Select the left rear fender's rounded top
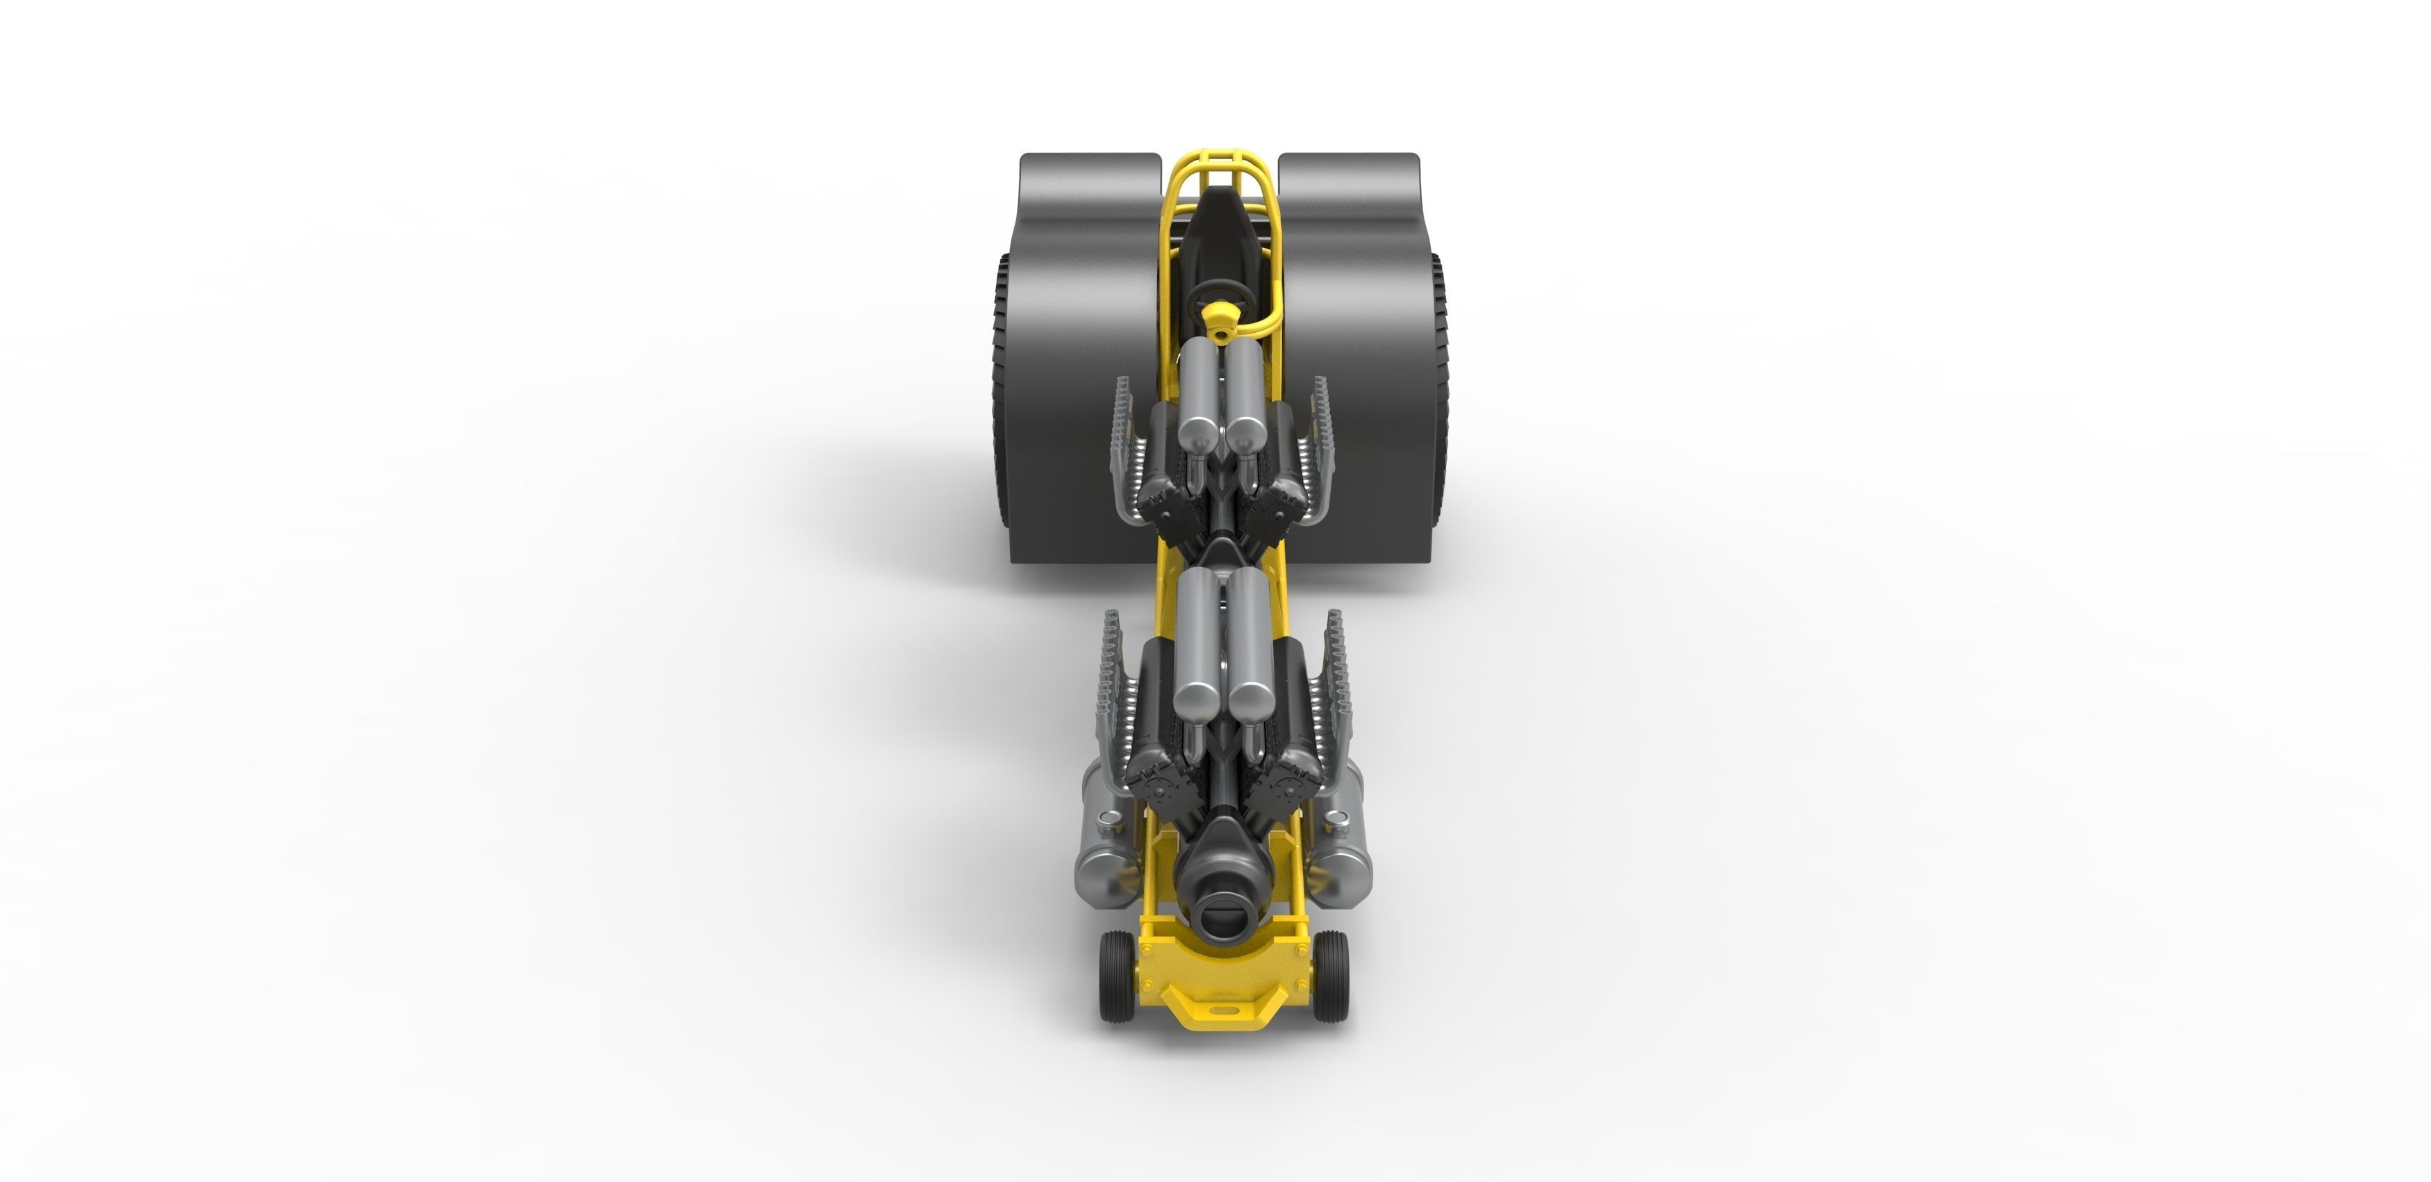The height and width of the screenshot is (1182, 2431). pyautogui.click(x=1090, y=170)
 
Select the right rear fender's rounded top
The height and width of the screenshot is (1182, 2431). pyautogui.click(x=1347, y=170)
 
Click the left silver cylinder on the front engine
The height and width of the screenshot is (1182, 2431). pyautogui.click(x=1195, y=651)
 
